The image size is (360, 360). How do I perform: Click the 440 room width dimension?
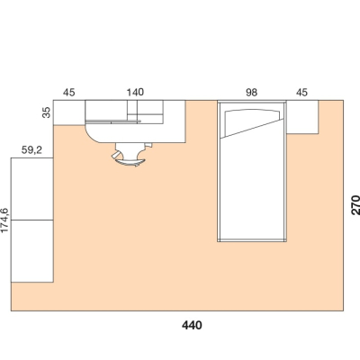(192, 325)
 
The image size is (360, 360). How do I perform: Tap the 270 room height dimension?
(355, 205)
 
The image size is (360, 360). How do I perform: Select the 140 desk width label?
(135, 92)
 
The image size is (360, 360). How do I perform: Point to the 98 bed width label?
(251, 93)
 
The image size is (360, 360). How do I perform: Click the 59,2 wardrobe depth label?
(31, 150)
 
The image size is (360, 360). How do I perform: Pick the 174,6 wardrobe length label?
(5, 220)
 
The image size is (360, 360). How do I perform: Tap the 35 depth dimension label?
(47, 112)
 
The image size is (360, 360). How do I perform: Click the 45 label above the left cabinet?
(68, 93)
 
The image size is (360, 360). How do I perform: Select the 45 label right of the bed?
(301, 93)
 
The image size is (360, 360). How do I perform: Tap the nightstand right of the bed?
(302, 117)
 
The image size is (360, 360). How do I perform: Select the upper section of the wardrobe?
(32, 189)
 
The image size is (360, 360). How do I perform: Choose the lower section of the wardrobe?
(32, 251)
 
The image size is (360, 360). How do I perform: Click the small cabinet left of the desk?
(69, 112)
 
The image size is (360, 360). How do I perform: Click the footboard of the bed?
(252, 240)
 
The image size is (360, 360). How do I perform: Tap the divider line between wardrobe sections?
(32, 220)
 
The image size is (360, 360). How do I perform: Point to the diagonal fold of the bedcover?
(252, 129)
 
